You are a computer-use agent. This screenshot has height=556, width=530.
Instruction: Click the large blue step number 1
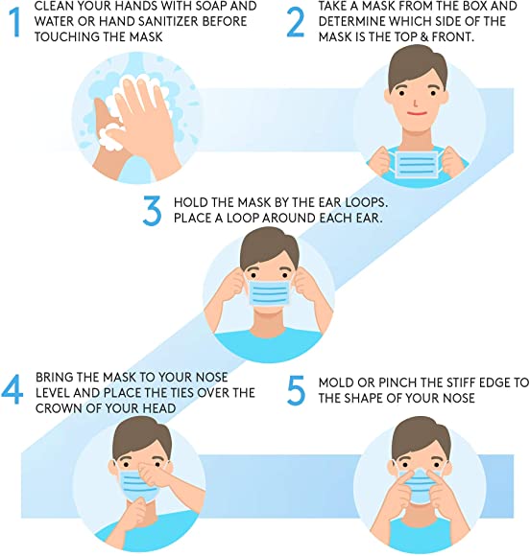tap(15, 22)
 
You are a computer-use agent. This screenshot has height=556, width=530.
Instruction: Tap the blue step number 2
tap(296, 22)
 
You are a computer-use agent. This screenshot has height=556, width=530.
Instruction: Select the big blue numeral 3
tap(152, 211)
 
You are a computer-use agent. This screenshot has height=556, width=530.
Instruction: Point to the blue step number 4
tap(12, 390)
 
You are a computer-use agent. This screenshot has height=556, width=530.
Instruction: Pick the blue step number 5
tap(296, 390)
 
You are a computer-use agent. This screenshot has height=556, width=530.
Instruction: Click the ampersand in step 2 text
tap(424, 36)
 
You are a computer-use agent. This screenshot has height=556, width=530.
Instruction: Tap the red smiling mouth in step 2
tap(417, 114)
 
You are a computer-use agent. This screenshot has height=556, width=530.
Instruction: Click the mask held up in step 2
tap(417, 164)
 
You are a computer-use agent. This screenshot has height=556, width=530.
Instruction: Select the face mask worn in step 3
tap(269, 293)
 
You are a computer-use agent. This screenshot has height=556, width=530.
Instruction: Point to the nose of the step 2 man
tap(416, 103)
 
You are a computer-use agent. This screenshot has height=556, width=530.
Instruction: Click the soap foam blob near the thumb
tap(110, 138)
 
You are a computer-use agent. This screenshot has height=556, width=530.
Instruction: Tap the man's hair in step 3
tap(269, 246)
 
